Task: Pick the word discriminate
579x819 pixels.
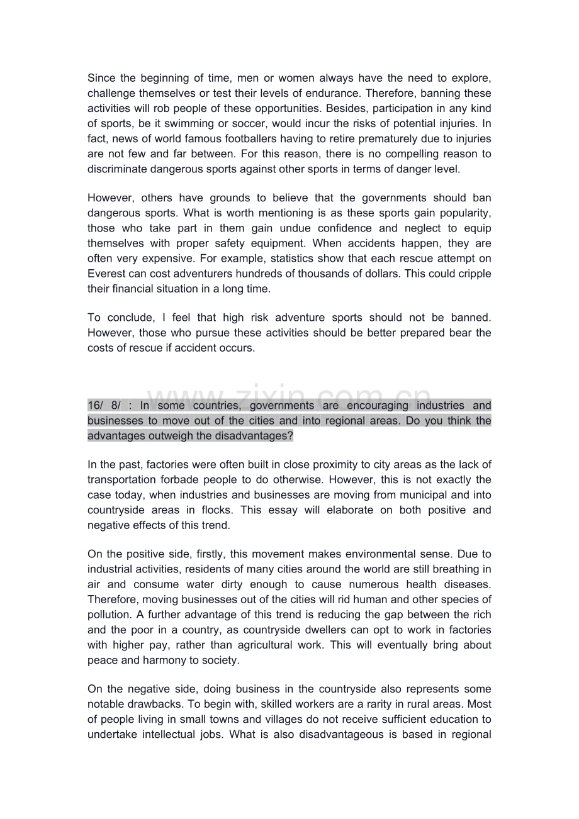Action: (118, 169)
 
